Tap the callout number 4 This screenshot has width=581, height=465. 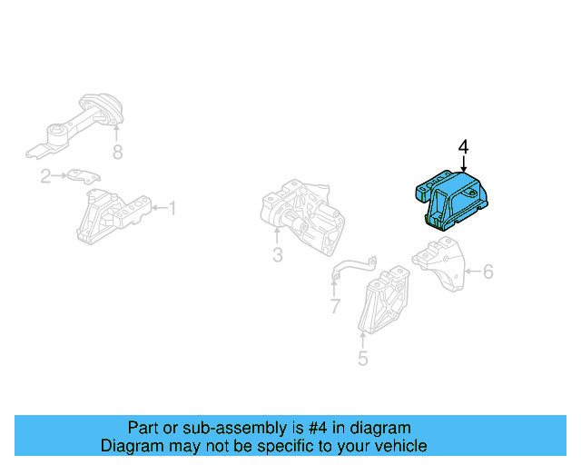click(463, 146)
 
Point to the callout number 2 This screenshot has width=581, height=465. click(44, 175)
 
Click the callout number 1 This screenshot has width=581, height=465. click(172, 210)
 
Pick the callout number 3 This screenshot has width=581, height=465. click(278, 256)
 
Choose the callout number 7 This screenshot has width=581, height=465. click(335, 306)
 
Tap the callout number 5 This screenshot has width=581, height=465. click(362, 358)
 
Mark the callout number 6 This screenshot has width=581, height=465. click(487, 271)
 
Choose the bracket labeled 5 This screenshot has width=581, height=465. click(386, 300)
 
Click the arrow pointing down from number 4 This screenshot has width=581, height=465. click(463, 163)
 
